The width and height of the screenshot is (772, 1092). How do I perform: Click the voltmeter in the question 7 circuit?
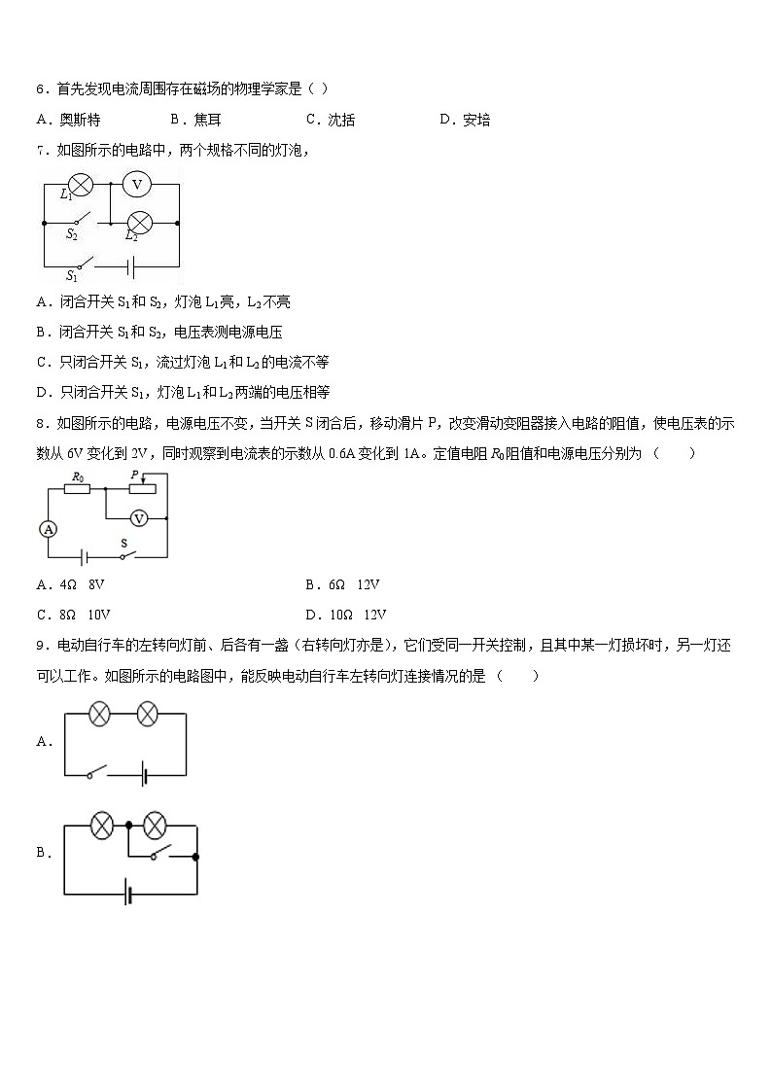click(x=137, y=184)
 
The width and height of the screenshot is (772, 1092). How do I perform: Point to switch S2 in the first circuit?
click(x=80, y=222)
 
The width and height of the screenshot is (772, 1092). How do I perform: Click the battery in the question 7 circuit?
click(x=128, y=264)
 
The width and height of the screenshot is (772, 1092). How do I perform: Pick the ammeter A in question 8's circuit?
click(x=48, y=528)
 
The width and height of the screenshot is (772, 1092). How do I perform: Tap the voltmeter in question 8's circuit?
click(x=139, y=518)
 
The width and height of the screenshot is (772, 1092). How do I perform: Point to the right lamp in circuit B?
click(x=154, y=827)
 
